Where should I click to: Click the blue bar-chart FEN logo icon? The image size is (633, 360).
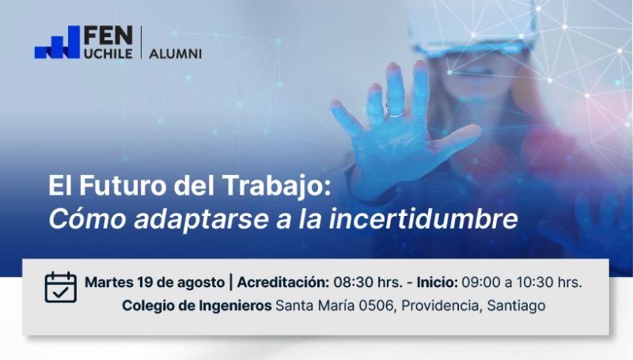(x=57, y=43)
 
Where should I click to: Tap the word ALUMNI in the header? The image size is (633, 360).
(x=175, y=54)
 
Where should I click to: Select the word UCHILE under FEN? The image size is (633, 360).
(x=108, y=54)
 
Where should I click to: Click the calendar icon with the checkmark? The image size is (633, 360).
(x=61, y=287)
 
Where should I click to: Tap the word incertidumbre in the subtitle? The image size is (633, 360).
(x=423, y=218)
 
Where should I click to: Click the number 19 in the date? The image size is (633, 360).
(x=145, y=282)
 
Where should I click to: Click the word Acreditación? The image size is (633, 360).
(x=283, y=282)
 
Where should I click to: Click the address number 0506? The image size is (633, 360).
(x=376, y=305)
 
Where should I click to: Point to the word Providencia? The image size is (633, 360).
(x=442, y=305)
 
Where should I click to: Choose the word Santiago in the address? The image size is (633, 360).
(x=517, y=306)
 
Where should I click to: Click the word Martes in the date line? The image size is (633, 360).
(x=109, y=282)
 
